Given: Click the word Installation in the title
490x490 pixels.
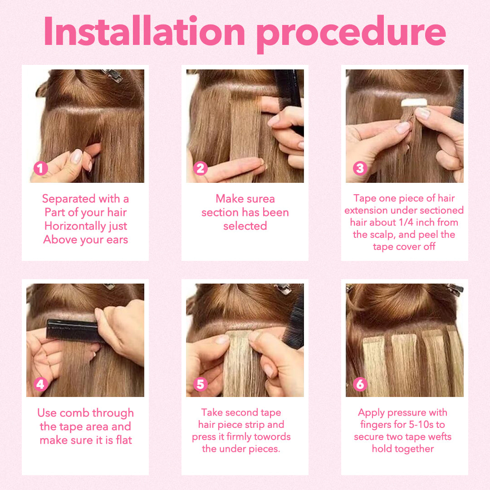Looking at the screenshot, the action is pos(144,31).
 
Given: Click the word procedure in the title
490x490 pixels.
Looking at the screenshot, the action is pos(351,34).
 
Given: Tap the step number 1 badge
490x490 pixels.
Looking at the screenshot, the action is pos(41,168).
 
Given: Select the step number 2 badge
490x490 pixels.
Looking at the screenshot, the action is pos(201,168).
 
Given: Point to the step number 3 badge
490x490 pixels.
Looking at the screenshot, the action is pos(360,168).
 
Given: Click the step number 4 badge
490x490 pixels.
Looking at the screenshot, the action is pos(41,384).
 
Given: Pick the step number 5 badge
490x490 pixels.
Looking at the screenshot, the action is pos(201,384).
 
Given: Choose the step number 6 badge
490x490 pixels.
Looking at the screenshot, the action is pos(360,384).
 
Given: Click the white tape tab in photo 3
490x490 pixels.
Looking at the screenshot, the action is pos(414,103).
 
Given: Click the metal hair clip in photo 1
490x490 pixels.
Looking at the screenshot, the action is pos(113,75).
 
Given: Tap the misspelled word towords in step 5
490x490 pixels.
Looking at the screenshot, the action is pos(272,436).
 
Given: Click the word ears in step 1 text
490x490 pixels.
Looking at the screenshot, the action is pos(117,240).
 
